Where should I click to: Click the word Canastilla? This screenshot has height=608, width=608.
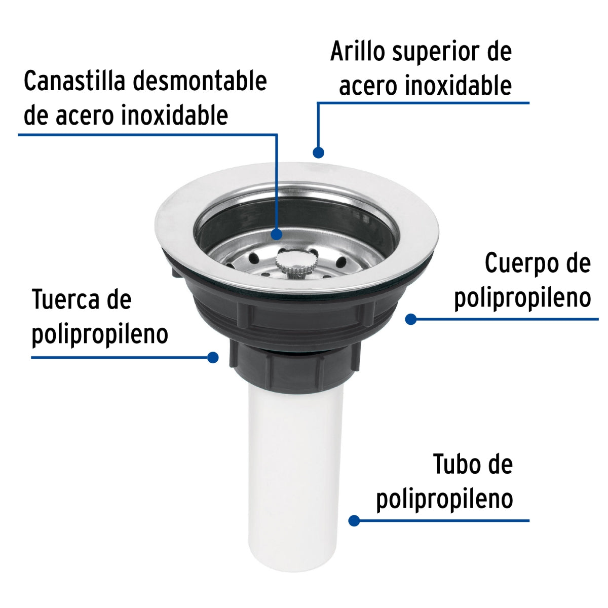tap(71, 81)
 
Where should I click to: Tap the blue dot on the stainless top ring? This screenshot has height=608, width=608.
tap(318, 152)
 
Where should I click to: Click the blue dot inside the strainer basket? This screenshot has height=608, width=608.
tap(277, 234)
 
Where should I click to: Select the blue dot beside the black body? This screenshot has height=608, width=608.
tap(411, 319)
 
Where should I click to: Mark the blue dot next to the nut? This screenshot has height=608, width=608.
tap(213, 357)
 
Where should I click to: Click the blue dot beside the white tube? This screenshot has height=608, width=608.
tap(354, 520)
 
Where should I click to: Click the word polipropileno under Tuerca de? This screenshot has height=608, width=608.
tap(100, 334)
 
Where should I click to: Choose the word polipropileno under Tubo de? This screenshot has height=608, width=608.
tap(444, 499)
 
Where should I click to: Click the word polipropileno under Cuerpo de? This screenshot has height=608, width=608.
tap(522, 298)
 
